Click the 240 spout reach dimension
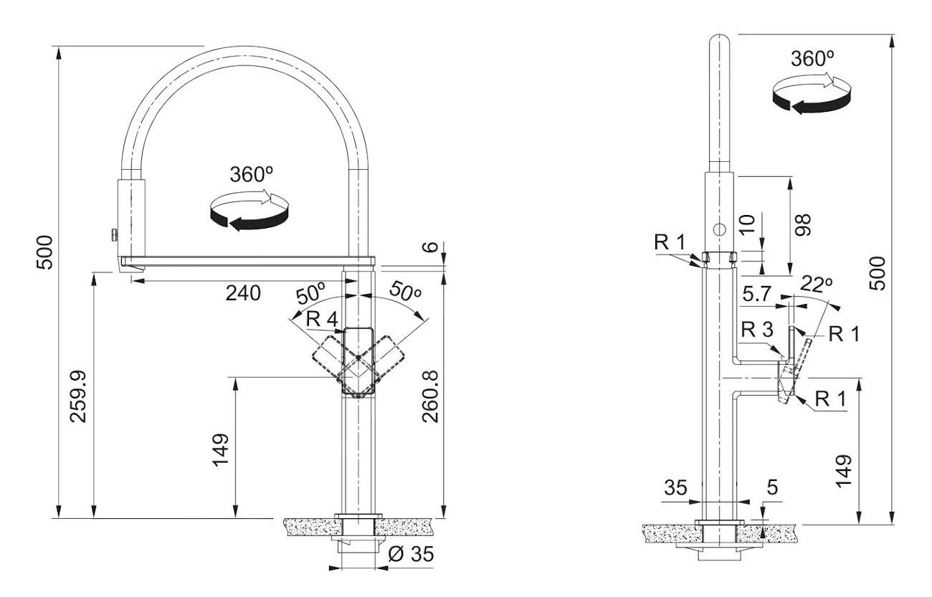point(244,292)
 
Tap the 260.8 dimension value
point(429,396)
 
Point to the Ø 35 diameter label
point(412,554)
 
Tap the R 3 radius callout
point(757,330)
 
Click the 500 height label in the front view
point(44,252)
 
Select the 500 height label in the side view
point(877,272)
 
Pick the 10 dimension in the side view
point(747,226)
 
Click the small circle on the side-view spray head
point(719,229)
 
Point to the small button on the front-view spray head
point(113,234)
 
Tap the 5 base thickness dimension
point(772,488)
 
